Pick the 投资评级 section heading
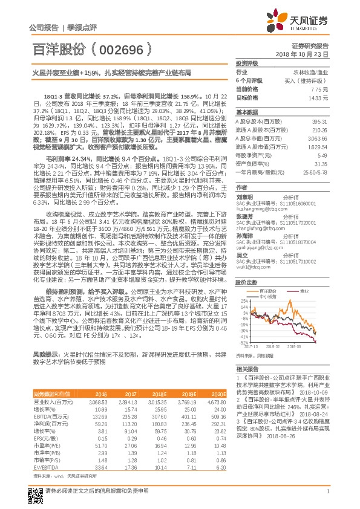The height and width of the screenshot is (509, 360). pyautogui.click(x=247, y=63)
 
